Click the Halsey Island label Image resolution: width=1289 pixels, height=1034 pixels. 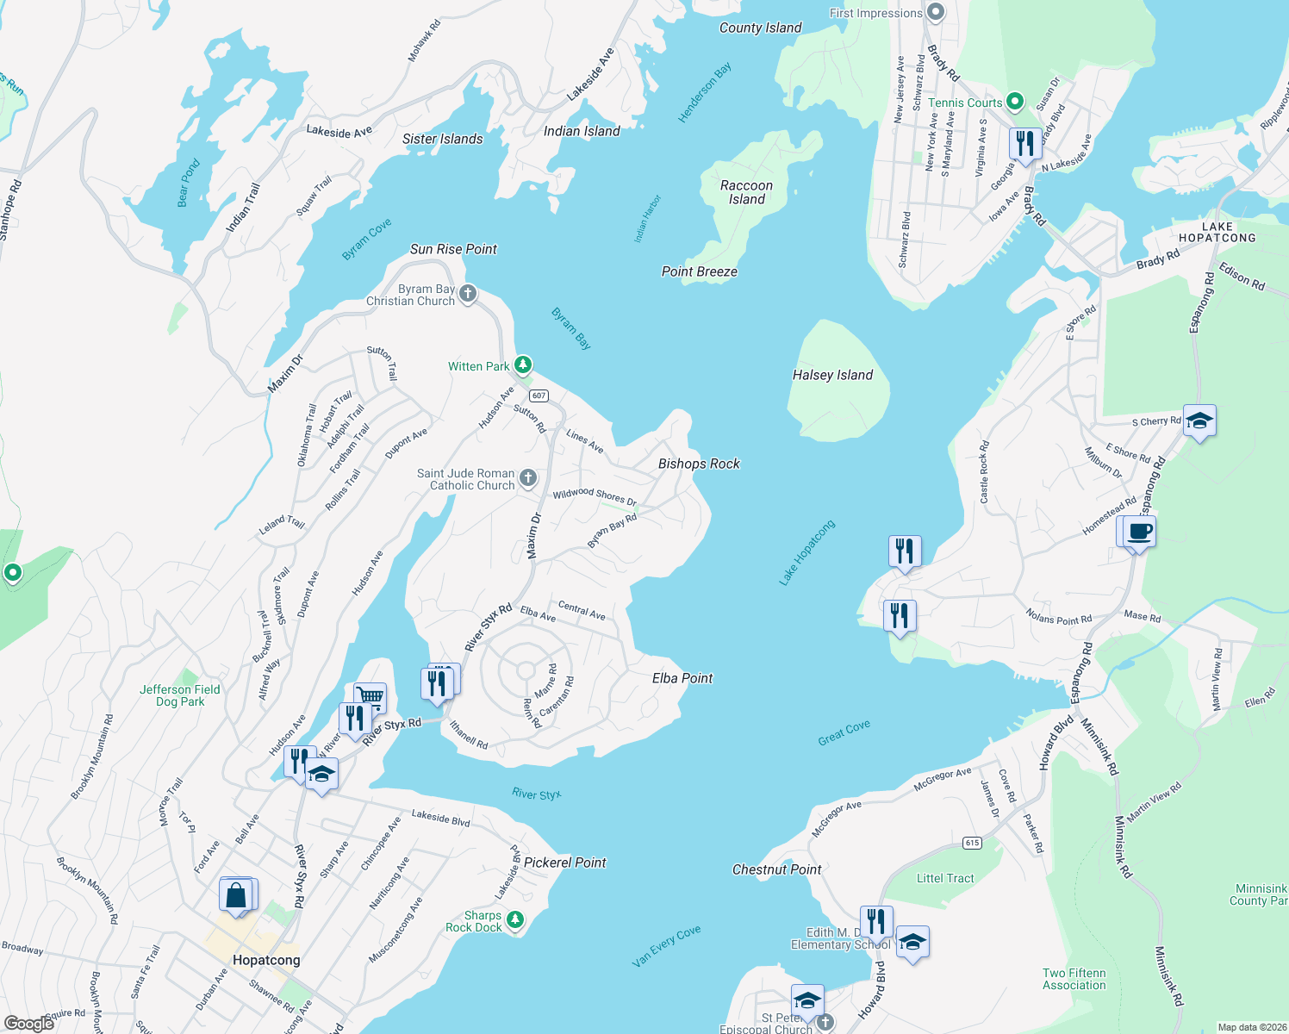tap(832, 375)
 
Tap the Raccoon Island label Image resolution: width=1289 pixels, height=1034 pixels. tap(746, 192)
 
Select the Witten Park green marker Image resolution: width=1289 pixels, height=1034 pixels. tap(523, 365)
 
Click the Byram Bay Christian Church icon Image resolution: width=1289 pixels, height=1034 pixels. tap(468, 294)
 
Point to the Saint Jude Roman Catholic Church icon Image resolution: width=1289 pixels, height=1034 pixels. tap(528, 478)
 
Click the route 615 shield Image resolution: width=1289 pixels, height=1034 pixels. tap(973, 843)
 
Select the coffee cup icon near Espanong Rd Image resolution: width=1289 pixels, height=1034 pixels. tap(1139, 531)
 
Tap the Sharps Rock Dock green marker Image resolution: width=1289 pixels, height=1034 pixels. tap(515, 920)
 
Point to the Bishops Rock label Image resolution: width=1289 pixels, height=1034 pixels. tap(699, 464)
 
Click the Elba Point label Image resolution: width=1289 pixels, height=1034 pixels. tap(682, 678)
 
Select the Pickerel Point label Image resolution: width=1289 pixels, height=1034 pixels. tap(565, 863)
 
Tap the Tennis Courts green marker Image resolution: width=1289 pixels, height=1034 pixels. tap(1015, 102)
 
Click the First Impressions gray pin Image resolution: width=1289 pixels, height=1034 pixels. tap(937, 13)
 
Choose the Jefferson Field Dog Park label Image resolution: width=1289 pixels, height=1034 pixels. tap(180, 695)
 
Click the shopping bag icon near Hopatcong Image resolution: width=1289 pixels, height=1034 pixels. tap(237, 895)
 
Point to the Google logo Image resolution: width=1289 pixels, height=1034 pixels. tap(29, 1023)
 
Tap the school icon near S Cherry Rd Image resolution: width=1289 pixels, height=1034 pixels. tap(1199, 421)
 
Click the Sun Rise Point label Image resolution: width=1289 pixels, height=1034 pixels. tap(453, 249)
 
